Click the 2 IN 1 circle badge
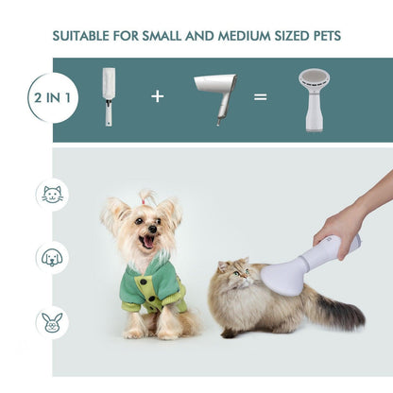[x=53, y=97]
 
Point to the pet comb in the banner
[x=109, y=95]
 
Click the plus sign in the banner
[x=157, y=96]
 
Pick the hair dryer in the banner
[x=215, y=94]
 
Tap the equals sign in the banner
[x=260, y=96]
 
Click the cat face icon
[x=52, y=195]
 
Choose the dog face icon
[x=52, y=256]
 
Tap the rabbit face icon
[x=52, y=319]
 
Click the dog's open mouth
[x=146, y=241]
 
